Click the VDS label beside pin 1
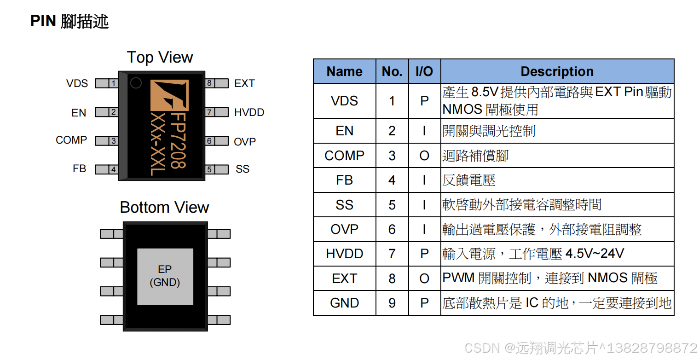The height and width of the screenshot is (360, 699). (x=77, y=83)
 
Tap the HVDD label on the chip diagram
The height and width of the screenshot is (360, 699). (x=249, y=112)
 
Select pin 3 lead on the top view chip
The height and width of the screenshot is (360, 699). (x=107, y=141)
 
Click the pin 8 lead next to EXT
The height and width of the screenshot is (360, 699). (x=216, y=83)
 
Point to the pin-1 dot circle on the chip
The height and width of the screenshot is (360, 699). (x=136, y=83)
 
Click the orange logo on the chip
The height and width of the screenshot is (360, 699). (x=169, y=95)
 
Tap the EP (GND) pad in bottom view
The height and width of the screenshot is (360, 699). (x=165, y=276)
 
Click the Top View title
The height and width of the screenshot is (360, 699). (x=160, y=58)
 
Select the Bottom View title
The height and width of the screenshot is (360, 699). (x=164, y=207)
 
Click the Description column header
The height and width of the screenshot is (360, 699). (x=557, y=71)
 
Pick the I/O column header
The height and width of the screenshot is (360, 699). (x=424, y=71)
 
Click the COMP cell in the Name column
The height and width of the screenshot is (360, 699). (x=344, y=156)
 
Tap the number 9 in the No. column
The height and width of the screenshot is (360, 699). (x=392, y=303)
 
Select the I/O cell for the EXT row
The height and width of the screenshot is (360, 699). (x=424, y=279)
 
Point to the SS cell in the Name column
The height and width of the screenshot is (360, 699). (x=344, y=205)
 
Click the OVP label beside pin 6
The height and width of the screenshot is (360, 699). (x=245, y=142)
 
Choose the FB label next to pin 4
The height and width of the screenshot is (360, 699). (x=79, y=169)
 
